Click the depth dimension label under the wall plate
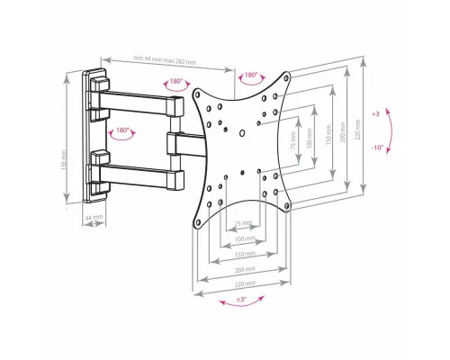(x=94, y=217)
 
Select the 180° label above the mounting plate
(x=249, y=76)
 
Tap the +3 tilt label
(x=374, y=115)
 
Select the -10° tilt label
(x=376, y=146)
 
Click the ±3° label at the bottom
(x=242, y=297)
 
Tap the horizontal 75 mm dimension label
(x=242, y=223)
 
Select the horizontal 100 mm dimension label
(x=241, y=238)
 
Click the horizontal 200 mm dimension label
(x=242, y=269)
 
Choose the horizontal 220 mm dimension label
(x=242, y=283)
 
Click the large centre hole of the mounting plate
(x=240, y=136)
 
